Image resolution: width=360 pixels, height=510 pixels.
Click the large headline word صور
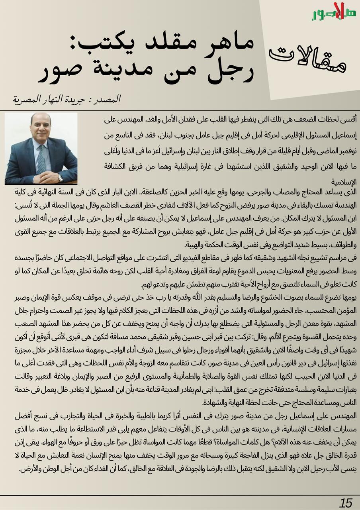[66, 72]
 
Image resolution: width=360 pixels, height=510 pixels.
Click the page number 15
[346, 503]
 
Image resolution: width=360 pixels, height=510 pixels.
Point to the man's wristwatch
[60, 177]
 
